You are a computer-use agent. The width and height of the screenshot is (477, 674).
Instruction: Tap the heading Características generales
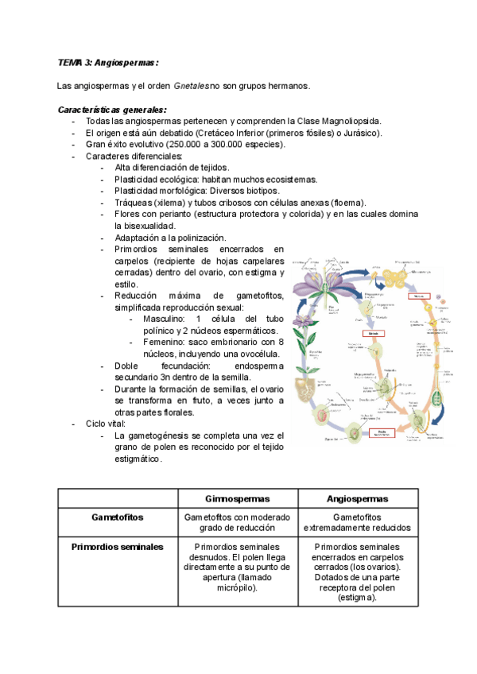point(111,109)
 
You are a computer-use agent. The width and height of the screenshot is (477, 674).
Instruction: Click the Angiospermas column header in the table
point(357,498)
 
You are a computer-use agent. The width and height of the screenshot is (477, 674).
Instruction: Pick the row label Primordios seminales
point(118,547)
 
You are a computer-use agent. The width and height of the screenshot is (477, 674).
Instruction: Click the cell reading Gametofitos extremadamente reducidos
point(357,522)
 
